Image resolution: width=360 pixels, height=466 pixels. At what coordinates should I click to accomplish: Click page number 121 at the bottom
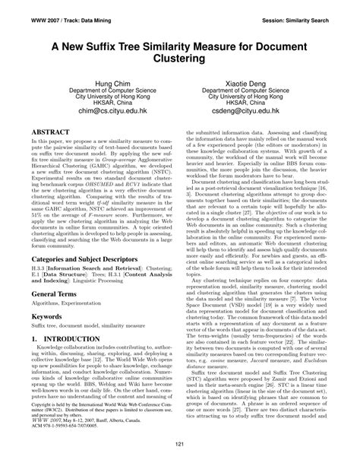click(180, 445)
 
